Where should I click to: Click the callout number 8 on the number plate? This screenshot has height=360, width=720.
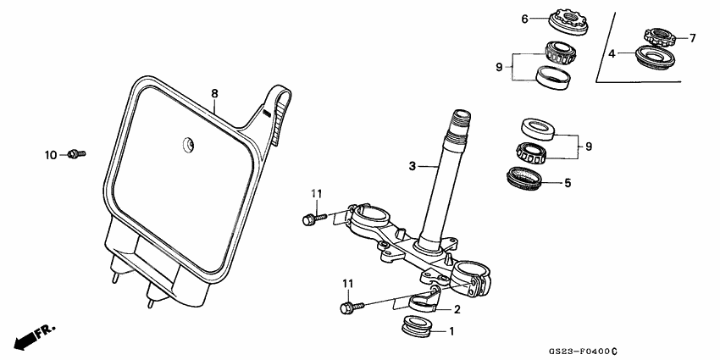(214, 94)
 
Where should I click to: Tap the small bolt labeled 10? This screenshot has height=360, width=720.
(76, 153)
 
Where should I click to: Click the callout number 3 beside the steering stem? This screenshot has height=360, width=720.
(412, 167)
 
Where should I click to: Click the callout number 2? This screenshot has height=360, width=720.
(457, 309)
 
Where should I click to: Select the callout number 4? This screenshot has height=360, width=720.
(612, 53)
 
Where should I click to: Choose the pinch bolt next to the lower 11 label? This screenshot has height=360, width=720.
(349, 307)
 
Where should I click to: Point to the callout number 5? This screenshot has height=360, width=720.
(567, 181)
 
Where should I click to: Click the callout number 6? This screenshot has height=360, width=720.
(524, 18)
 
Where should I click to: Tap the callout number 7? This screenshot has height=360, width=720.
(692, 38)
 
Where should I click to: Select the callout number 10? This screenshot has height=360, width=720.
(52, 155)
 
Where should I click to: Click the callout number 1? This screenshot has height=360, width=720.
(451, 331)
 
